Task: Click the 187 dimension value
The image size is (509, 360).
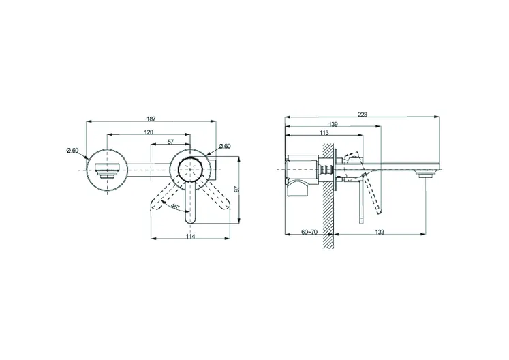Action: [151, 119]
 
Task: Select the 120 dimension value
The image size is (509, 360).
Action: [149, 132]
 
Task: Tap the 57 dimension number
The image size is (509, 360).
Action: [171, 142]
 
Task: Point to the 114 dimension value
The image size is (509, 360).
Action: [191, 236]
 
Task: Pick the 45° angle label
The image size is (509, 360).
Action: [175, 207]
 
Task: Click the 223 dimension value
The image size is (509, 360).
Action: [363, 115]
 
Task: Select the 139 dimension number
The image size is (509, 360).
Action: [333, 124]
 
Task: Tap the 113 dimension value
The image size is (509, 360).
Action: [324, 132]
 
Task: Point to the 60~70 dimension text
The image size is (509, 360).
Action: [309, 232]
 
